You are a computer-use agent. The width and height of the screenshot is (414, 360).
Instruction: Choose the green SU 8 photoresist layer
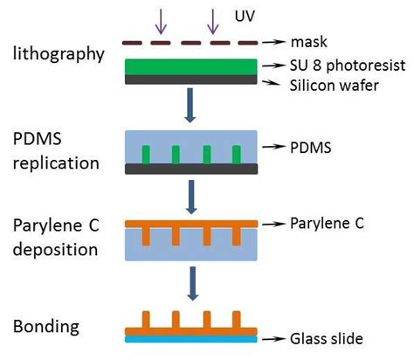pyautogui.click(x=190, y=66)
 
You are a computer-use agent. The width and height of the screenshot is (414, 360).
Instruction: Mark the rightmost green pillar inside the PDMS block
pyautogui.click(x=233, y=155)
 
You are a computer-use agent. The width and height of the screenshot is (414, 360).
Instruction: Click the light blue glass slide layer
pyautogui.click(x=190, y=336)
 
